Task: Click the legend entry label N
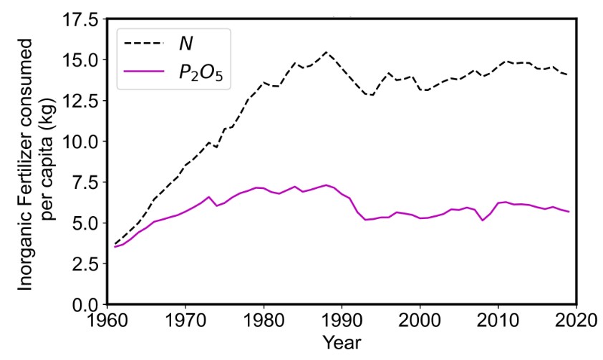[185, 44]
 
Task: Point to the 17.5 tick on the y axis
[82, 20]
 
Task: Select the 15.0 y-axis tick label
[82, 60]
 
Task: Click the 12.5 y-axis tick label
[82, 101]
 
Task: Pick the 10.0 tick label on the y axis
[82, 142]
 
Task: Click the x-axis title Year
[342, 343]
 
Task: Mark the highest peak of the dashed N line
[327, 52]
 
